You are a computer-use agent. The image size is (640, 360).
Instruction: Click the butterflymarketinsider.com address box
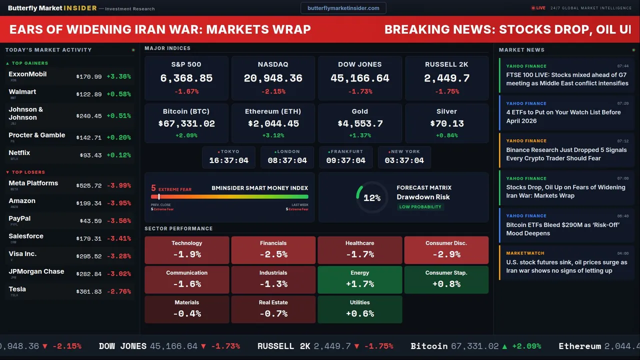tap(343, 8)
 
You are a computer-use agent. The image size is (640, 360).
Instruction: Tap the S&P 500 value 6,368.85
tap(186, 78)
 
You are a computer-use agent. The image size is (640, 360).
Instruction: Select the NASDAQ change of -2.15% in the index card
tap(273, 91)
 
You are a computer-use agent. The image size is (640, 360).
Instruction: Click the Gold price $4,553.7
tap(360, 123)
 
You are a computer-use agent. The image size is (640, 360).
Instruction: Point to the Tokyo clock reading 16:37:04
tap(228, 160)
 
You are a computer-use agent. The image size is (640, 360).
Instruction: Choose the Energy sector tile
tap(360, 279)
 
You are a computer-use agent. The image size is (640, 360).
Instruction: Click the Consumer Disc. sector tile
tap(446, 250)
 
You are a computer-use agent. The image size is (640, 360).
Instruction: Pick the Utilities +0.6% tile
tap(360, 309)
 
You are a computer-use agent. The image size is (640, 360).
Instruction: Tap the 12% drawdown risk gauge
tap(371, 198)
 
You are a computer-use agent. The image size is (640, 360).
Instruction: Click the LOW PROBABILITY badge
tap(420, 207)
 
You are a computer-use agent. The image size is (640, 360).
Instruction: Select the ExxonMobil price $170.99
tap(89, 77)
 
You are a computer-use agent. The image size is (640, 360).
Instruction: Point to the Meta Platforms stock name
tap(33, 183)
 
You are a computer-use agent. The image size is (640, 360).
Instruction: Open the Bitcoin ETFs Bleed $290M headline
tap(562, 229)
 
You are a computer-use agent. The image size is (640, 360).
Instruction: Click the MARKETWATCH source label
tap(525, 253)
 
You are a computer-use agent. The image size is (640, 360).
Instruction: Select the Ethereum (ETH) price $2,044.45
tap(273, 123)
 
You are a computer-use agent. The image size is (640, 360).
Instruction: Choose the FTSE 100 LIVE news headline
tap(567, 79)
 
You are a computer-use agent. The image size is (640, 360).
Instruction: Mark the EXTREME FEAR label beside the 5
tap(175, 190)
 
